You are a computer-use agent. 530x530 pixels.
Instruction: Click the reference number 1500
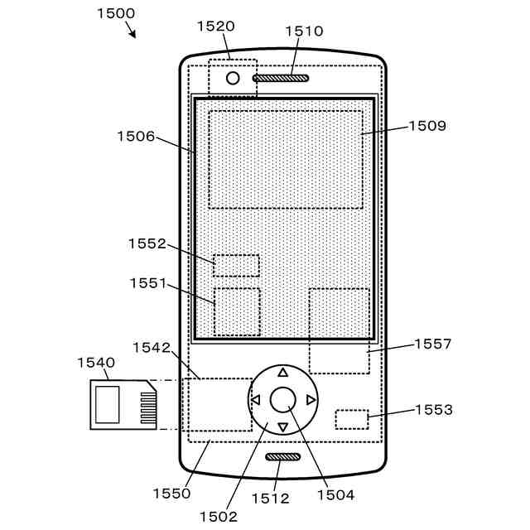click(116, 13)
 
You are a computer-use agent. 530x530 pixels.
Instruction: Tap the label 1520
click(216, 26)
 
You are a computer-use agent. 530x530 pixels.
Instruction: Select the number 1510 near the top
click(304, 31)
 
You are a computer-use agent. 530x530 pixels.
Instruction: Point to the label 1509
click(427, 127)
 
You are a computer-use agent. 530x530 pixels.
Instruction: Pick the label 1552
click(147, 243)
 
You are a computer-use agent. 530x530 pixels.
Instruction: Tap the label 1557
click(433, 344)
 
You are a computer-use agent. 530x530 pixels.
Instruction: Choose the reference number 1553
click(433, 409)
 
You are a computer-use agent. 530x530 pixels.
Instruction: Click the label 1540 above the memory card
click(96, 363)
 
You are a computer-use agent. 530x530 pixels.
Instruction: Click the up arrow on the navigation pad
click(282, 373)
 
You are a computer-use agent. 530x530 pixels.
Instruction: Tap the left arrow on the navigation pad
click(255, 400)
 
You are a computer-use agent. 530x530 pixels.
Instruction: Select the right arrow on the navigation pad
click(311, 400)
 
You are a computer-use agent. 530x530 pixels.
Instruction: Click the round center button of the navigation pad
click(282, 399)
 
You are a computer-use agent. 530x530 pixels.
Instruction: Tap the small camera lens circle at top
click(233, 79)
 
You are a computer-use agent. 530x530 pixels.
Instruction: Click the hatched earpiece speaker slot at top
click(281, 79)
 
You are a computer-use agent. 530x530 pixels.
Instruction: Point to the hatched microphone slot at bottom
click(282, 457)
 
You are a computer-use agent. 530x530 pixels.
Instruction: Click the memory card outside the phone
click(123, 404)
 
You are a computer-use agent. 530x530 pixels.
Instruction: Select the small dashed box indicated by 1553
click(352, 418)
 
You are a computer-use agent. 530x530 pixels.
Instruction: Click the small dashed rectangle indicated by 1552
click(236, 265)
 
